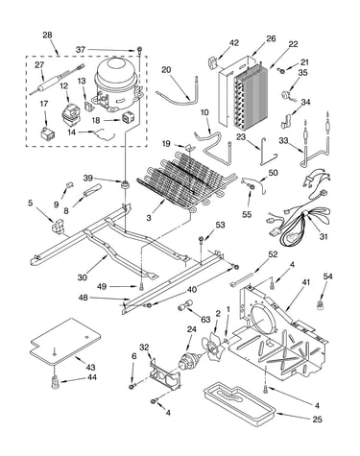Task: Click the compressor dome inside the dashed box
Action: (x=117, y=84)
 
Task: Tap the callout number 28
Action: (x=47, y=35)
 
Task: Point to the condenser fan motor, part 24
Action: (x=189, y=362)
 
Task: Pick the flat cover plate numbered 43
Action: (x=65, y=342)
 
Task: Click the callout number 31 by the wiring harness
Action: (x=324, y=236)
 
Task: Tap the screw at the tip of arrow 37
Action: (x=140, y=50)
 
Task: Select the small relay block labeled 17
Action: (x=47, y=133)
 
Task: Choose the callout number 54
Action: (x=327, y=276)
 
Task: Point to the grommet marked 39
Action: (x=125, y=184)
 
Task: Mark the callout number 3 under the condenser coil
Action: (x=149, y=218)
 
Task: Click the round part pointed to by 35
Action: (x=284, y=95)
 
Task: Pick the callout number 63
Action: (x=205, y=319)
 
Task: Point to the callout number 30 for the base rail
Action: (x=83, y=277)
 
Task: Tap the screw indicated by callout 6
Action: (x=132, y=387)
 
